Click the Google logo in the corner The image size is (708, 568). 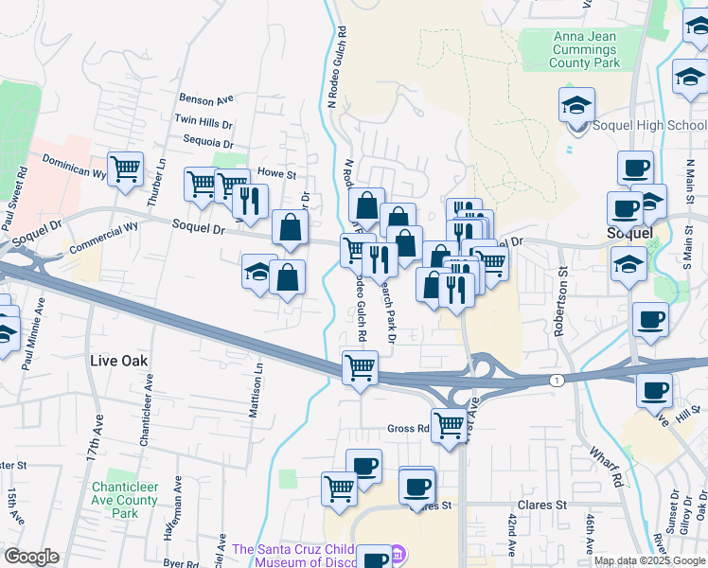pos(31,557)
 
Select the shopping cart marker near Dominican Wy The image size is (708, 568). pos(125,170)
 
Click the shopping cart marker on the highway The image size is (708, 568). pos(360,367)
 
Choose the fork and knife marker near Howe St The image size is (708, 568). pos(249,202)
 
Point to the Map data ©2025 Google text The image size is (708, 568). pos(649,560)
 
